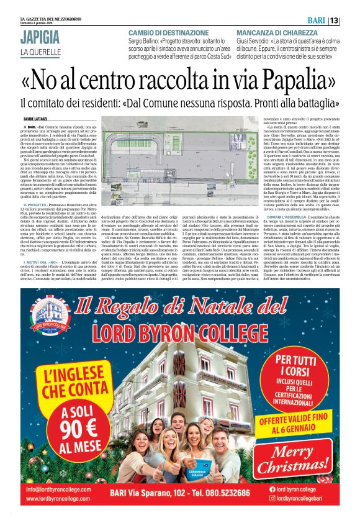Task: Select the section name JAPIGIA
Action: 40,36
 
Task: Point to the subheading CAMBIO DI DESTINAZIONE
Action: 164,32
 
